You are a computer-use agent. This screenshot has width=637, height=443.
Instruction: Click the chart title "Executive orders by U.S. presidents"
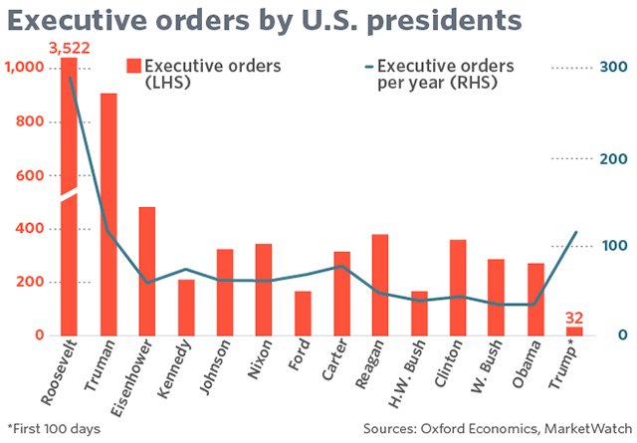pyautogui.click(x=266, y=23)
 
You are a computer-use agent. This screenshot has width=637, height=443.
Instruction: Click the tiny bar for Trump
pyautogui.click(x=574, y=331)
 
